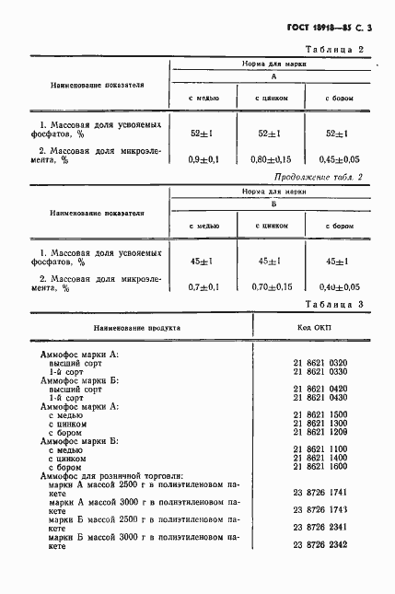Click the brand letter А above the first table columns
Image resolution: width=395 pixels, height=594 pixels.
pyautogui.click(x=273, y=78)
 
